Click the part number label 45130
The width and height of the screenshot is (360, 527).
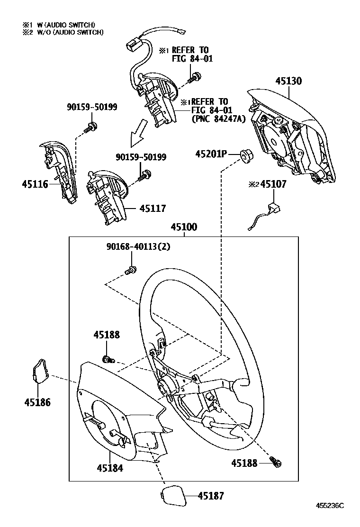288,81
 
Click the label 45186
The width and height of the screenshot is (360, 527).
37,402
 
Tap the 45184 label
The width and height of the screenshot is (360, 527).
110,468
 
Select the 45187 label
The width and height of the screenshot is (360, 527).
210,496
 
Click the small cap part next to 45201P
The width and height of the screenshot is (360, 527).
245,154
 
